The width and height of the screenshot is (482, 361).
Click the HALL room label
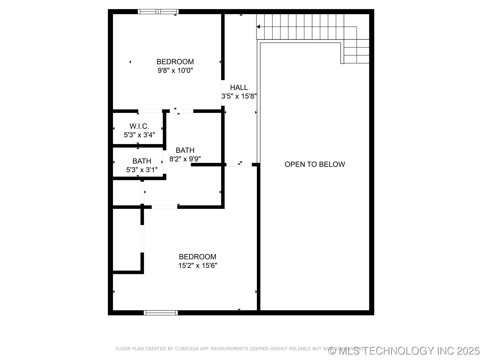pyautogui.click(x=239, y=87)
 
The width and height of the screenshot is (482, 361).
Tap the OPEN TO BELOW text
pyautogui.click(x=315, y=164)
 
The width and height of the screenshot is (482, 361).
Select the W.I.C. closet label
pyautogui.click(x=139, y=126)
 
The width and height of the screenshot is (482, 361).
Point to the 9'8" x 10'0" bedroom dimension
pyautogui.click(x=175, y=70)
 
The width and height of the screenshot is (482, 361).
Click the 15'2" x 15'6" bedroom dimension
pyautogui.click(x=198, y=265)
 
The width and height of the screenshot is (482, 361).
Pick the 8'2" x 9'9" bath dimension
pyautogui.click(x=185, y=159)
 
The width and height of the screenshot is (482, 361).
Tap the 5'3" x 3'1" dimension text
pyautogui.click(x=142, y=170)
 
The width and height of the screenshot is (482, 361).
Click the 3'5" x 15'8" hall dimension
pyautogui.click(x=239, y=96)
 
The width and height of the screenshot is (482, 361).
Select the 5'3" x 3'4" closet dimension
pyautogui.click(x=139, y=135)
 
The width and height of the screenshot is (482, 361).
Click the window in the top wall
pyautogui.click(x=158, y=12)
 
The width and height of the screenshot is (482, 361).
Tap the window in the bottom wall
pyautogui.click(x=161, y=313)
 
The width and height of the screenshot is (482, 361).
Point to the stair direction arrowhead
pyautogui.click(x=258, y=27)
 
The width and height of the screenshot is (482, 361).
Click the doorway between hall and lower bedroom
pyautogui.click(x=239, y=165)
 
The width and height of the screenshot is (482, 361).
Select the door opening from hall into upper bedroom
pyautogui.click(x=223, y=93)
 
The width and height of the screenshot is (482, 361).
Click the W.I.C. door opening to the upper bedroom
pyautogui.click(x=150, y=111)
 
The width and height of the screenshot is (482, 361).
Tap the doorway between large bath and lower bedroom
pyautogui.click(x=164, y=207)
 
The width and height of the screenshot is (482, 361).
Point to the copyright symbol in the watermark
pyautogui.click(x=332, y=351)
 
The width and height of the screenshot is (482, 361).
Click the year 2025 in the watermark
pyautogui.click(x=468, y=351)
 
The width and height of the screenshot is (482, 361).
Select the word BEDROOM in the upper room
pyautogui.click(x=175, y=62)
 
